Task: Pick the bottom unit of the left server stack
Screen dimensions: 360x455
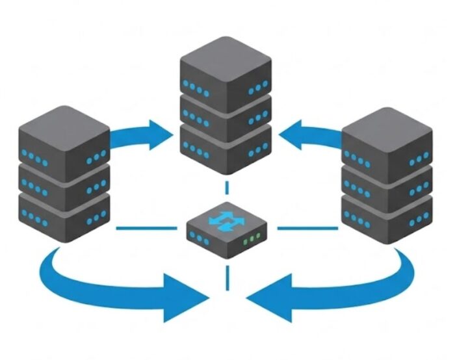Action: tap(63, 218)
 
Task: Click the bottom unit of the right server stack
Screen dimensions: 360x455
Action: tap(387, 218)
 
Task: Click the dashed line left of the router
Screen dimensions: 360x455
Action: tap(146, 228)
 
